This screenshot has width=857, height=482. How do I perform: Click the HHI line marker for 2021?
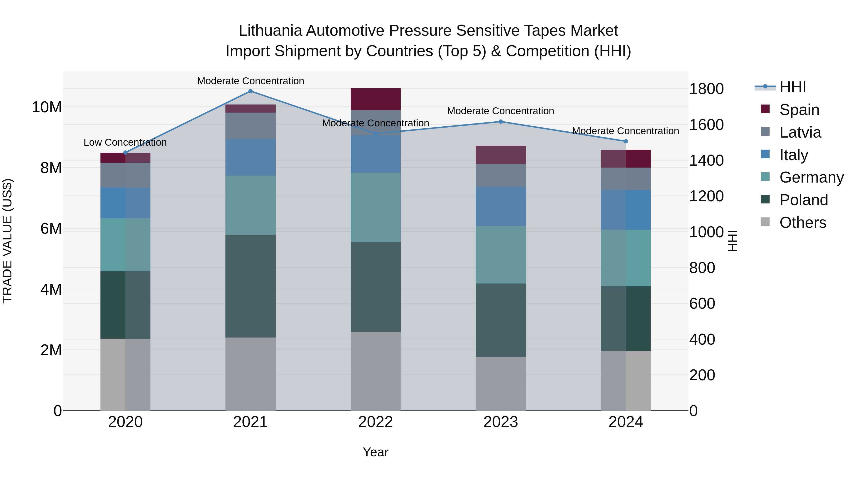[x=250, y=91]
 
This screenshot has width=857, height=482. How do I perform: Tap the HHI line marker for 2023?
[x=500, y=122]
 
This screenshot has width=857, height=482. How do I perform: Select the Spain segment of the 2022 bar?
[x=376, y=99]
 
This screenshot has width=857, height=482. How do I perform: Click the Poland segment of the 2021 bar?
[x=250, y=286]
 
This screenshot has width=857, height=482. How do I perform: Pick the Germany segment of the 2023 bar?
[x=500, y=255]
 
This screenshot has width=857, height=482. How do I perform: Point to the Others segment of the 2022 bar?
[x=376, y=371]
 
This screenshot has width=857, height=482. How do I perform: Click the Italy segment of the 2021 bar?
[x=250, y=157]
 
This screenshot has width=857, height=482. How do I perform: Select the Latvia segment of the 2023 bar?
[x=500, y=175]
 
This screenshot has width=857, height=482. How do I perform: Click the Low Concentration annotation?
[x=125, y=142]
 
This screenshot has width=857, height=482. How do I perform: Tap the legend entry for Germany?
[x=812, y=177]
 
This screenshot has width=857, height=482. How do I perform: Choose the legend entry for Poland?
[x=803, y=200]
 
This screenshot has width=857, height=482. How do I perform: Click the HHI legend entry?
[x=792, y=87]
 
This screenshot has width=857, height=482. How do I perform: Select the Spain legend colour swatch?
[x=765, y=109]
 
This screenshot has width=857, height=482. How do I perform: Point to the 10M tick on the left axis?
[x=47, y=107]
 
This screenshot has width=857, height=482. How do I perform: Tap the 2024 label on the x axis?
[x=625, y=422]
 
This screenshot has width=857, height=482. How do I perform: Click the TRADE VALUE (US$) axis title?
[x=7, y=241]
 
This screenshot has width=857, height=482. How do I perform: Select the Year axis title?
[x=376, y=452]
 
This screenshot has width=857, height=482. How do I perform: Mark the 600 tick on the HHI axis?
[x=702, y=304]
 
